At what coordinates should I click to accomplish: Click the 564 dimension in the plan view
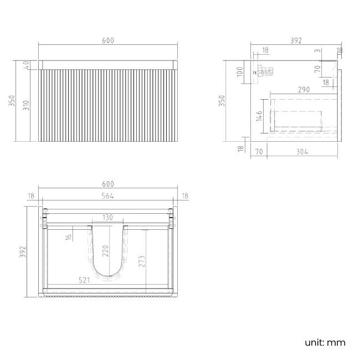tap(107, 194)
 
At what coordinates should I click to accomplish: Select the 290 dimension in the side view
tap(303, 89)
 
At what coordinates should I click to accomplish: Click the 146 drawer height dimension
tap(259, 115)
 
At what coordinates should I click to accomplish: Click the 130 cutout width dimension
tap(107, 217)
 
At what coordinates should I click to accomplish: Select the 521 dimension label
tap(84, 281)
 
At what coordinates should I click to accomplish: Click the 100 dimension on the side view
tap(240, 72)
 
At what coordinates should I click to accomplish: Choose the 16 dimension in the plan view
tap(68, 237)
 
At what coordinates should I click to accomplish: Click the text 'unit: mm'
tap(325, 342)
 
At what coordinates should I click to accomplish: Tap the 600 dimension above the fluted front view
tap(107, 41)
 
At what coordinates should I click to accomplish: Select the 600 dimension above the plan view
tap(107, 184)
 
